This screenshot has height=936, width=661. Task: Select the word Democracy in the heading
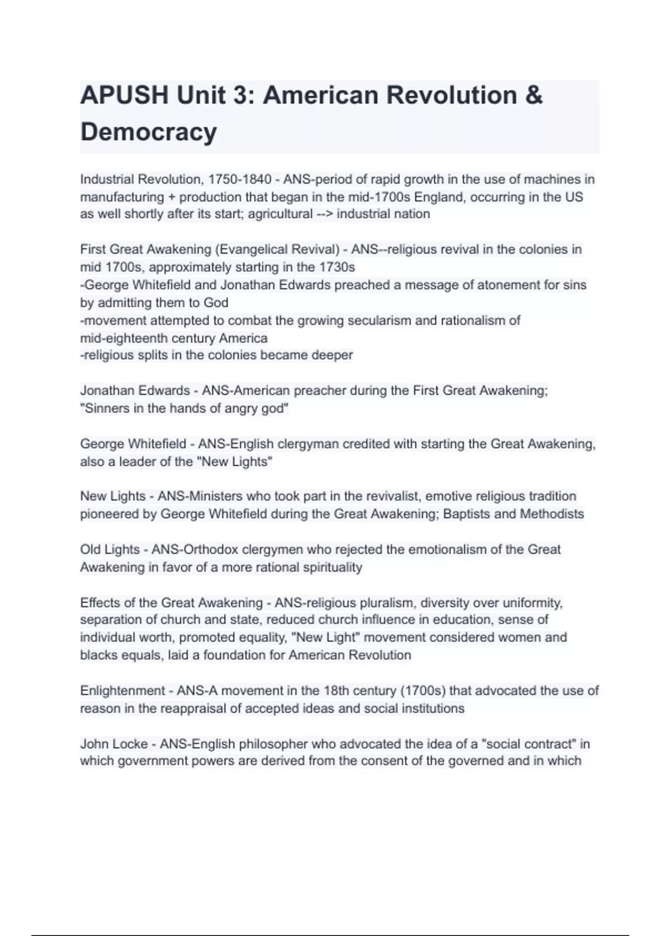click(149, 132)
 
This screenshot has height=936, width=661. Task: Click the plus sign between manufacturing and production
click(172, 197)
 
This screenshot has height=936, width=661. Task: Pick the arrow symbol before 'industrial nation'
click(324, 214)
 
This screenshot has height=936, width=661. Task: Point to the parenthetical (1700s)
click(422, 691)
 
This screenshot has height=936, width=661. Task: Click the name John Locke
click(114, 744)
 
